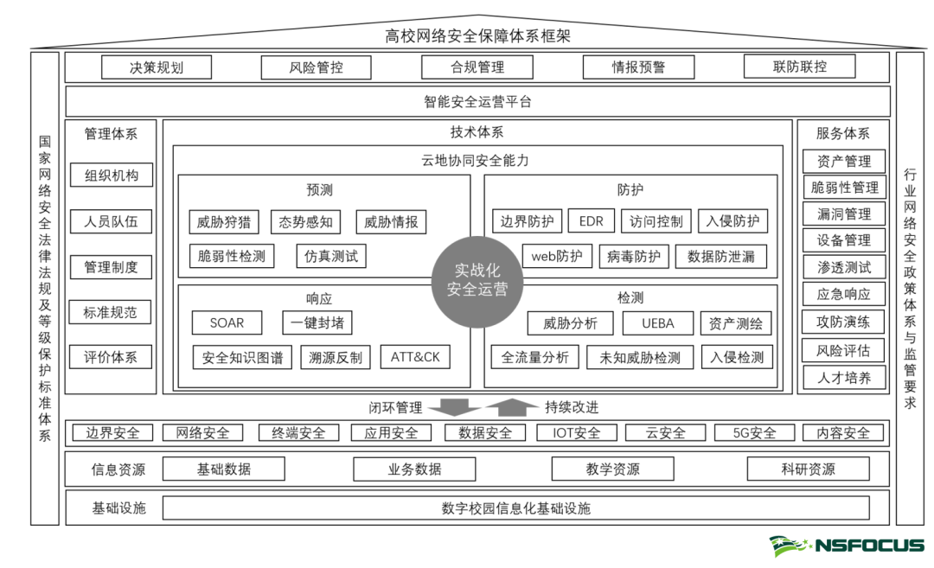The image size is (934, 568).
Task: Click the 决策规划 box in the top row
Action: (x=157, y=67)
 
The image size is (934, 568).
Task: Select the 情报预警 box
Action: (x=638, y=67)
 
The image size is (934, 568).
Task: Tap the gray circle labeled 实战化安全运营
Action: (x=477, y=281)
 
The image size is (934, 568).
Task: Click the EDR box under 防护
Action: (x=591, y=221)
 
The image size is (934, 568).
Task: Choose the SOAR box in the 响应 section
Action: (x=227, y=323)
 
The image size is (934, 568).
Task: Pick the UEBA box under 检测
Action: (x=657, y=323)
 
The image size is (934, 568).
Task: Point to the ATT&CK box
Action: (x=415, y=356)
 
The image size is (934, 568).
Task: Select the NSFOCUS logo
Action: (x=848, y=546)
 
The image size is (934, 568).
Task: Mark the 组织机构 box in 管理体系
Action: (x=111, y=176)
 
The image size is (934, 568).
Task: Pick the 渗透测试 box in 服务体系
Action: (x=844, y=267)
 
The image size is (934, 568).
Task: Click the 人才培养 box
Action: (x=844, y=378)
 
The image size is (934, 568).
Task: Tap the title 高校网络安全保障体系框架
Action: (x=477, y=35)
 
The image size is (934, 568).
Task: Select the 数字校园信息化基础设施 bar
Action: (x=515, y=507)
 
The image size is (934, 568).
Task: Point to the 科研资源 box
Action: (x=808, y=469)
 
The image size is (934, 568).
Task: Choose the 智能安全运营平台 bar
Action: (x=477, y=101)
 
